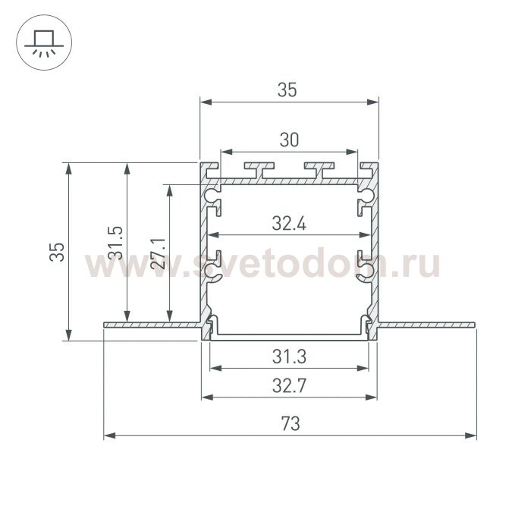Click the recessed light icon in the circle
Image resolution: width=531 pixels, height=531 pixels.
coord(44,43)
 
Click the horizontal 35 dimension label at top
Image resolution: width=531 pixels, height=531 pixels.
coord(287,90)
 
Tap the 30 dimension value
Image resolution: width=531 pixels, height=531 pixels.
coord(289,140)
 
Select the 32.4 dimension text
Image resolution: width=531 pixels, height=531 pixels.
coord(289,224)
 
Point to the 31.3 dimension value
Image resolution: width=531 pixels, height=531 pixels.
coord(289,357)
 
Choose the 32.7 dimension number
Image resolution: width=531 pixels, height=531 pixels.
coord(289,385)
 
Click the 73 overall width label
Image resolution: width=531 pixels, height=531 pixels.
coord(291,423)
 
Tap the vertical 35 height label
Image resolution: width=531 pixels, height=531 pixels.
coord(57,252)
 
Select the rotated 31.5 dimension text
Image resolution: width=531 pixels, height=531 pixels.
coord(115,243)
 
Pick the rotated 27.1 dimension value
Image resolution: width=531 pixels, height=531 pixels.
coord(158,253)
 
